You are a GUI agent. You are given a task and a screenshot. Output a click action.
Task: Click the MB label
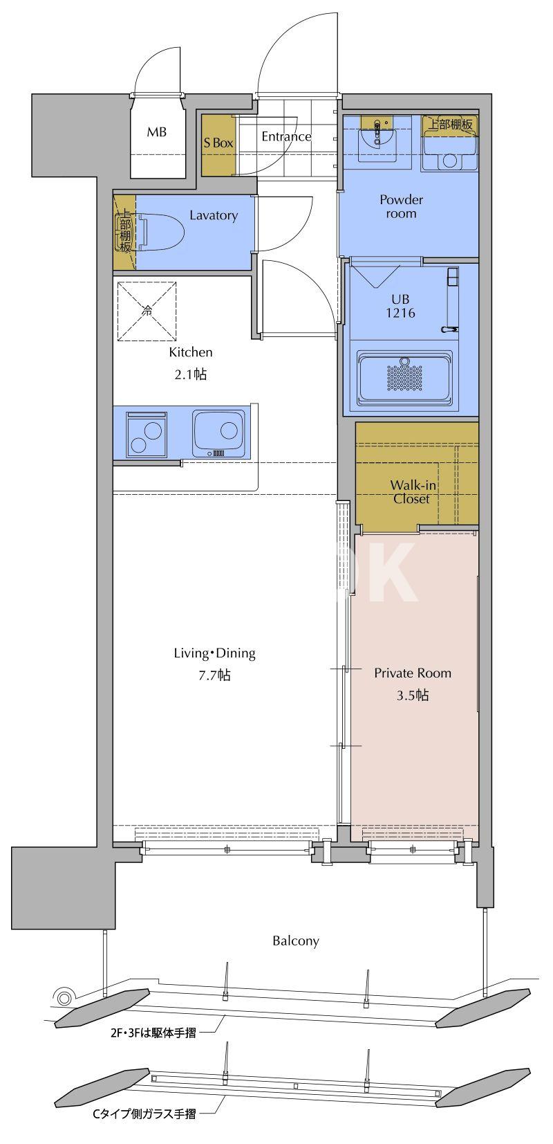157,131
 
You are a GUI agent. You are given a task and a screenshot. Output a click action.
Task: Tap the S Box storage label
218,143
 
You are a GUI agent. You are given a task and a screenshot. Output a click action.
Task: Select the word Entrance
286,136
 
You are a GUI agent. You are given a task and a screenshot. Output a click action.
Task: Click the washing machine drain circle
449,160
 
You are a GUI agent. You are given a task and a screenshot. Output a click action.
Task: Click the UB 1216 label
400,306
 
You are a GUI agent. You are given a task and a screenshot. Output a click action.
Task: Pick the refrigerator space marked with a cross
147,311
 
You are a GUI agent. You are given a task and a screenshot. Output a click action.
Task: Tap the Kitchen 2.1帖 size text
191,363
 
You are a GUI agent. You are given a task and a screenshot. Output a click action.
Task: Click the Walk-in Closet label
413,492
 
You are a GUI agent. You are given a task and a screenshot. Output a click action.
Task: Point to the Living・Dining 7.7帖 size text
215,664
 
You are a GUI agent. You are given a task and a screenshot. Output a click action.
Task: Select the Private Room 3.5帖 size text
413,684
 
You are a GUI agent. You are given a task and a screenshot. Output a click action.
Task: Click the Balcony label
296,941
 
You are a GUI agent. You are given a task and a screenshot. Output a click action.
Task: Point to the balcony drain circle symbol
64,997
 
